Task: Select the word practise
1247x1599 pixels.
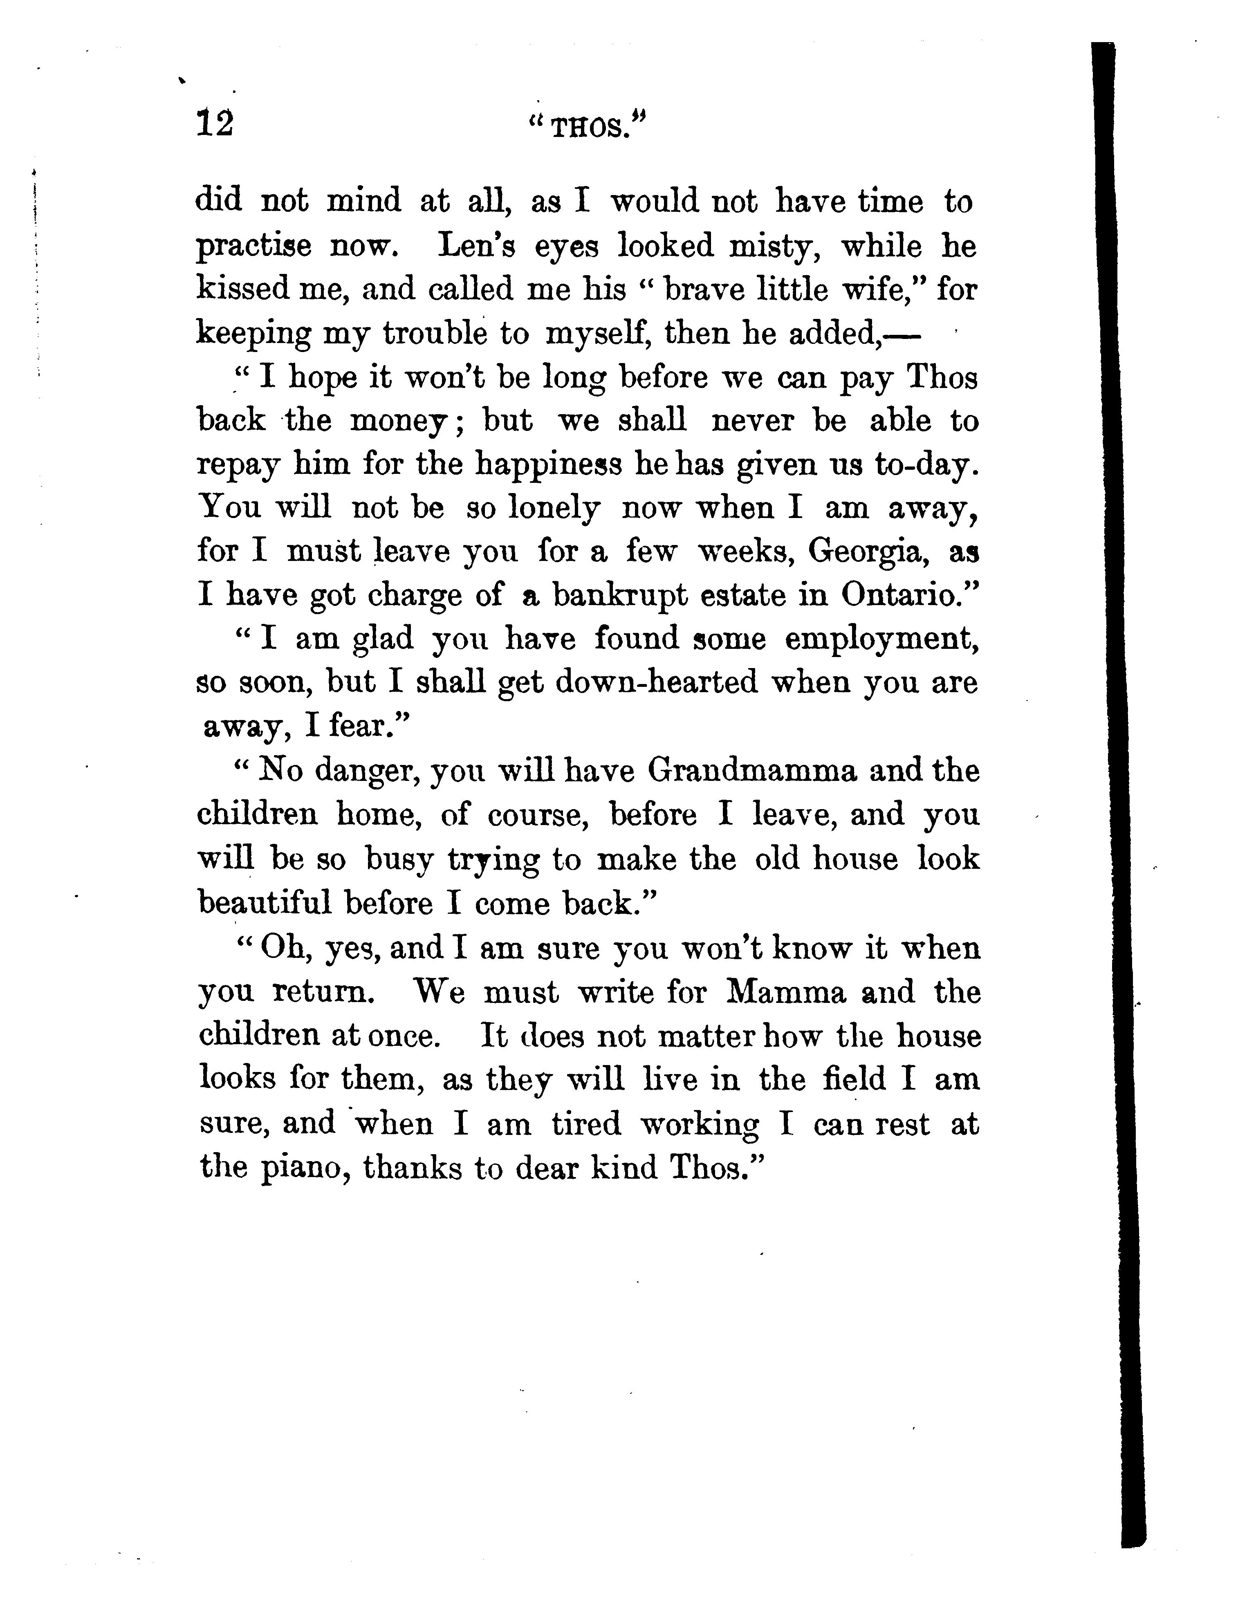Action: pyautogui.click(x=253, y=247)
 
